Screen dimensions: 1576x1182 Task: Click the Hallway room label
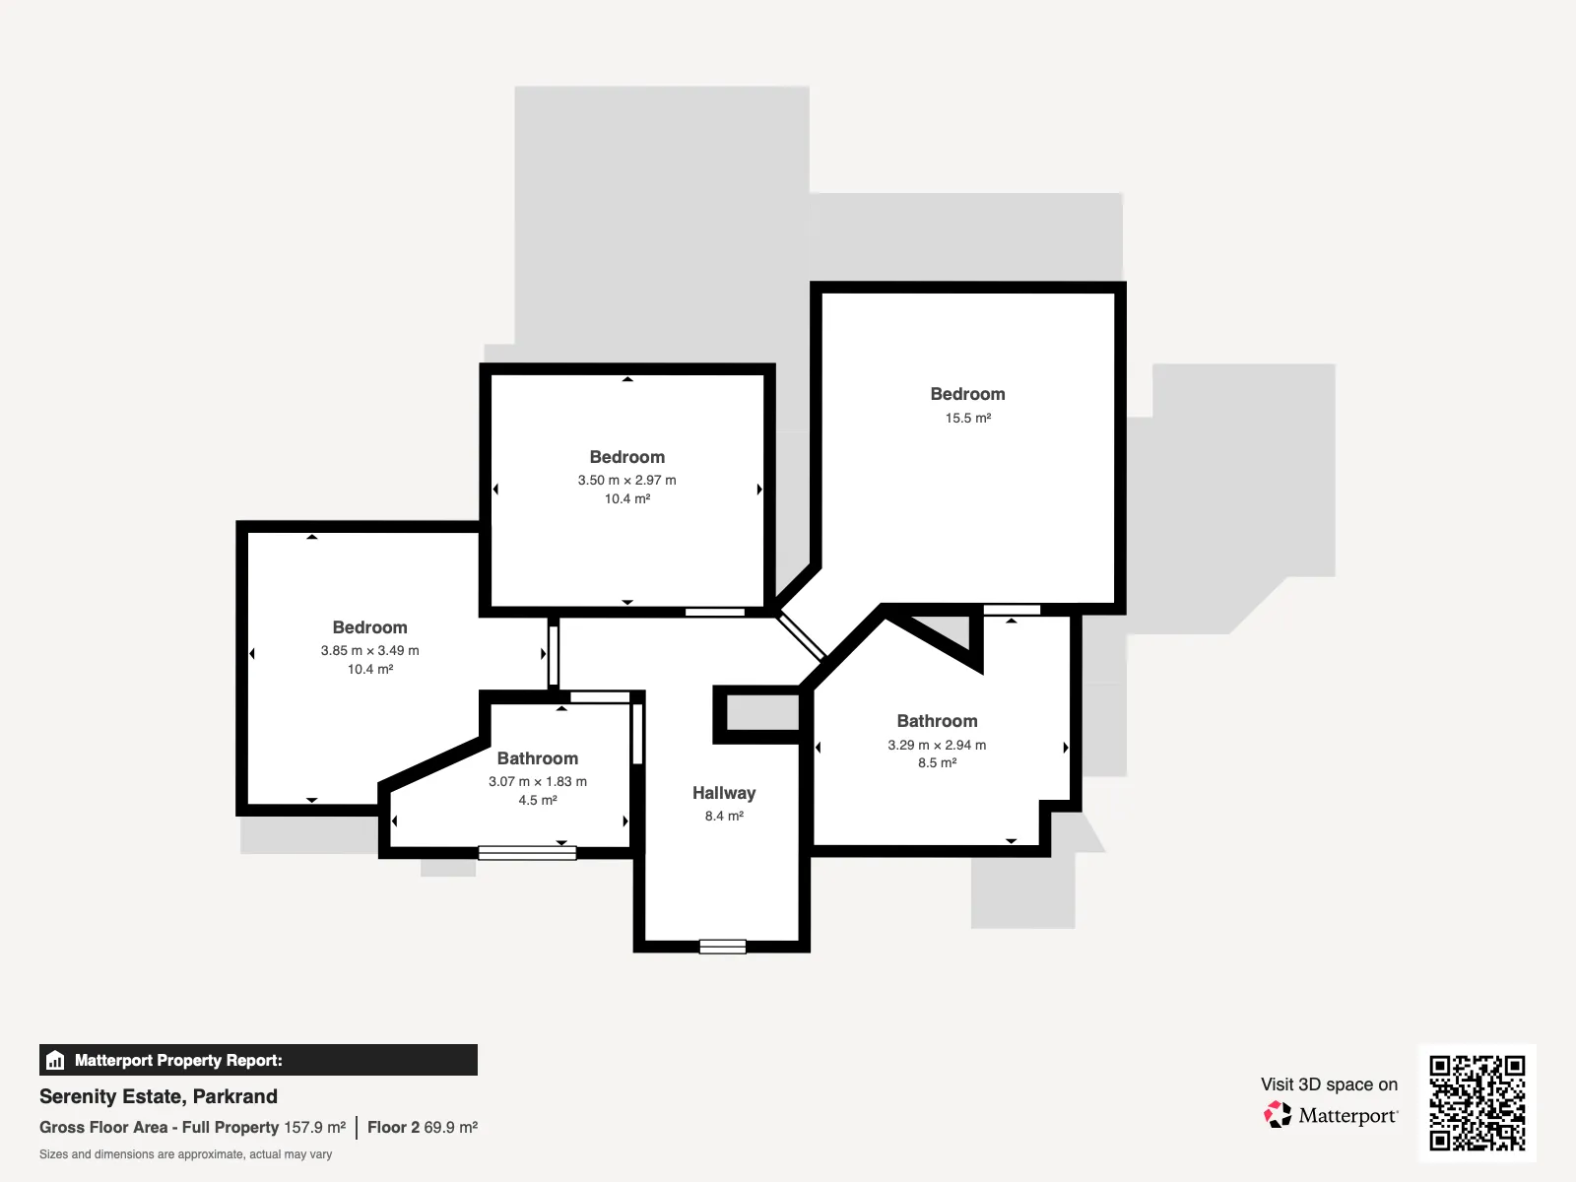tap(724, 793)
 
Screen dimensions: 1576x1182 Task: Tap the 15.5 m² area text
tap(968, 418)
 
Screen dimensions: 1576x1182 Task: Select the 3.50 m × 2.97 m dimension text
tap(626, 480)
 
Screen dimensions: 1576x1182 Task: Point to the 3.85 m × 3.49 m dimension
tap(369, 651)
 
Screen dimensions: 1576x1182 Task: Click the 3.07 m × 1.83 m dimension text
tap(538, 781)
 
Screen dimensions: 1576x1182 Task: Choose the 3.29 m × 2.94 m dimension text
tap(937, 745)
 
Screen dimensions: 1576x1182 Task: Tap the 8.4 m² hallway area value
tap(724, 816)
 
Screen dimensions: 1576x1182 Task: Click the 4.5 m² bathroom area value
tap(538, 800)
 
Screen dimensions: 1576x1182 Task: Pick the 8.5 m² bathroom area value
tap(937, 762)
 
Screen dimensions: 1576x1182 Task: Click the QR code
tap(1477, 1103)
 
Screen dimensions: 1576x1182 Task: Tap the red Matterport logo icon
tap(1278, 1115)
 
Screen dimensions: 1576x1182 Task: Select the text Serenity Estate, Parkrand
tap(158, 1096)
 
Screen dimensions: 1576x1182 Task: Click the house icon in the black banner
tap(55, 1060)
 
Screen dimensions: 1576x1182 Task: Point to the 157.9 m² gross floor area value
tap(314, 1128)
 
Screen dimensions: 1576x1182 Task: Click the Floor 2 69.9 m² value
tap(423, 1128)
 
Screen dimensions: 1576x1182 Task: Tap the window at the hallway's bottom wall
tap(722, 947)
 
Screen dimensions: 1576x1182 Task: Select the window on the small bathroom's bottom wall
tap(527, 853)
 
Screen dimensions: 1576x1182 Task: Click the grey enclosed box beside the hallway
tap(762, 713)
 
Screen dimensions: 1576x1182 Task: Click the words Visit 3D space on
tap(1329, 1084)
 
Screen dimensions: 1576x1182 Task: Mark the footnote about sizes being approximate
tap(185, 1154)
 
